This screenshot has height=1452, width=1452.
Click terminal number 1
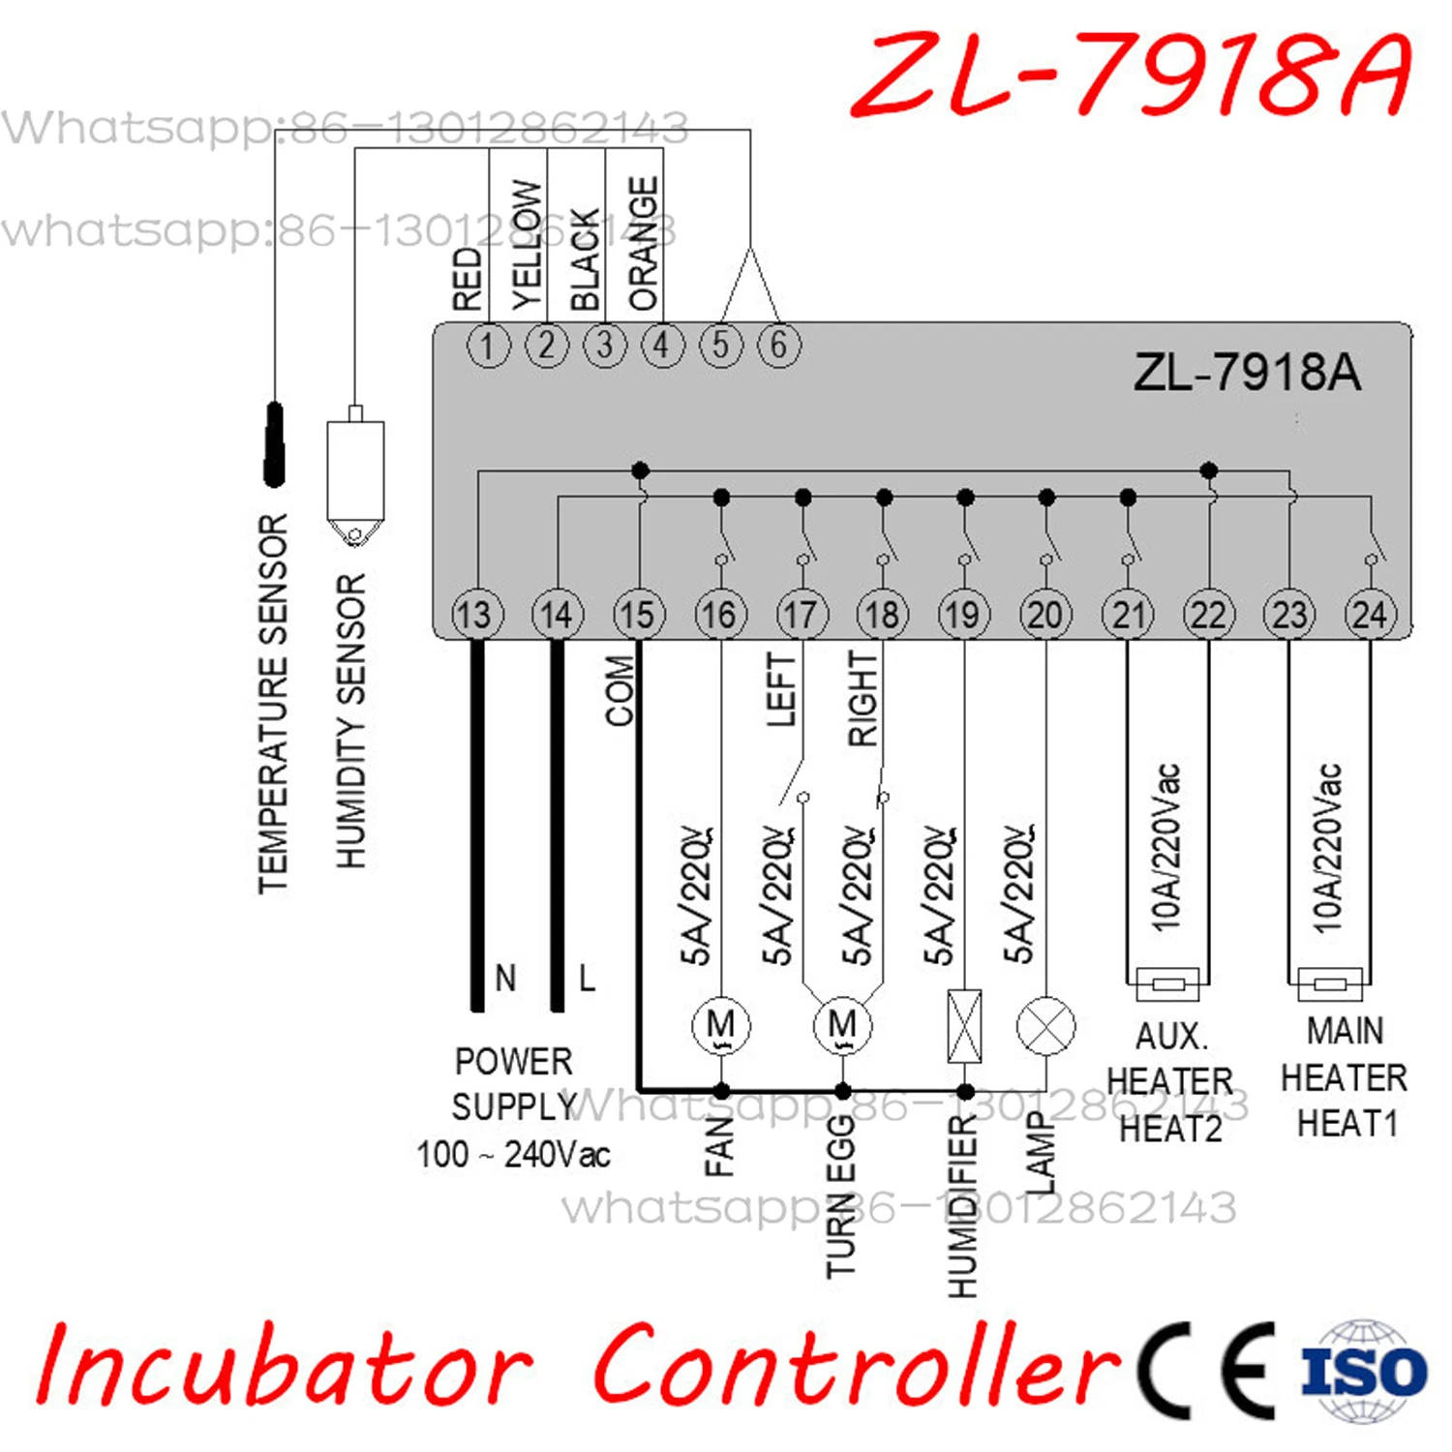pos(488,346)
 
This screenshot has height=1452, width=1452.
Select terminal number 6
pos(778,346)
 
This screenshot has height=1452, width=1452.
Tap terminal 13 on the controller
pos(476,615)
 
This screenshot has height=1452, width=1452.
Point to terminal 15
pos(638,615)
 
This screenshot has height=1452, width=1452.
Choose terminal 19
pos(963,615)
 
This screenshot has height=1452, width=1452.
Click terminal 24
pos(1370,615)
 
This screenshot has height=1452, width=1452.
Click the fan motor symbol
pos(721,1026)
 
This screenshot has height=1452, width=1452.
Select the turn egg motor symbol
pos(842,1026)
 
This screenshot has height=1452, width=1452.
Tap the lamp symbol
pos(1045,1026)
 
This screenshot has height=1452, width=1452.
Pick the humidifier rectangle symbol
pos(964,1025)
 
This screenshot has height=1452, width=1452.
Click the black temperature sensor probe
pos(275,444)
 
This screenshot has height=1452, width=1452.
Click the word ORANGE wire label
pos(644,244)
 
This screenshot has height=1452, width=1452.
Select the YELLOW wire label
pos(528,245)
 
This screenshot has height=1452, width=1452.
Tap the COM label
pos(620,690)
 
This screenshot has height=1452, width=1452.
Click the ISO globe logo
pos(1364,1371)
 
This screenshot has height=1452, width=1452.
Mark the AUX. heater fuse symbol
pos(1167,984)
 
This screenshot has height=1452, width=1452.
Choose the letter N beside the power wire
pos(505,978)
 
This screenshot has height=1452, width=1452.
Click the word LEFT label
pos(780,689)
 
